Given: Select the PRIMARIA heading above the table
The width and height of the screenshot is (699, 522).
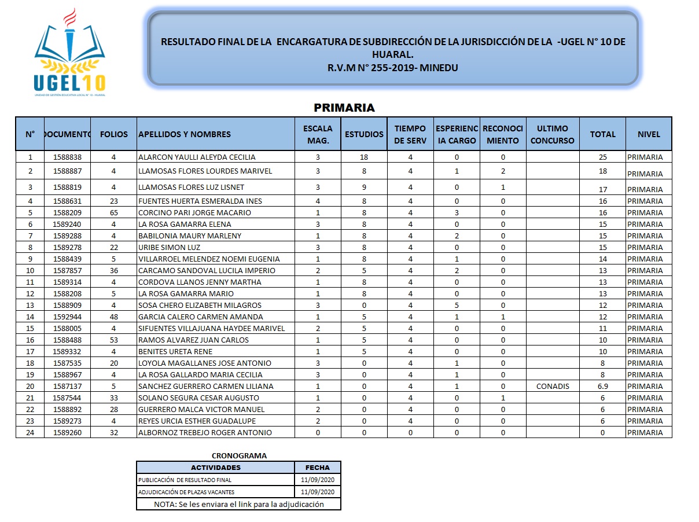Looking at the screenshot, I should (x=344, y=108).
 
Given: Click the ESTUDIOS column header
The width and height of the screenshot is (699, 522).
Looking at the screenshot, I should (x=364, y=134).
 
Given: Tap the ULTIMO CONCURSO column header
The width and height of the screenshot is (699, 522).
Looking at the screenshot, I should (x=553, y=134).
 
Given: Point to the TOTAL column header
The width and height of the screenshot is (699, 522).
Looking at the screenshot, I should (x=602, y=134).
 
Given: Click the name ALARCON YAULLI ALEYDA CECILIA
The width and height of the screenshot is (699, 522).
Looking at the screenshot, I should (x=197, y=157).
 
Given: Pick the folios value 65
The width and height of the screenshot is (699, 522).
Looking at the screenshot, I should (x=114, y=212).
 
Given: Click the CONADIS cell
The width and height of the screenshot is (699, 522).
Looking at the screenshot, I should (x=553, y=386).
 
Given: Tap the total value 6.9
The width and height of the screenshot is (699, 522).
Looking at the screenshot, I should (x=602, y=386).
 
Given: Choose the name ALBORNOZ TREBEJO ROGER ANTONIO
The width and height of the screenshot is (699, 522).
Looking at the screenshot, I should (x=205, y=432).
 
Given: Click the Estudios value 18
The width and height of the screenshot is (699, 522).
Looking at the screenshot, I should (x=364, y=157).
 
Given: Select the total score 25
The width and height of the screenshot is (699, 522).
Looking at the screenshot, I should (x=602, y=157).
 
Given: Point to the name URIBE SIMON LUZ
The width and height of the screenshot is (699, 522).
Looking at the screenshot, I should (x=169, y=247).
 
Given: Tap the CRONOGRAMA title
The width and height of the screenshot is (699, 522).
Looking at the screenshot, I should (x=239, y=455).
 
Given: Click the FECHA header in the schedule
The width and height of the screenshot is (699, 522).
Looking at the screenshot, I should (x=318, y=468).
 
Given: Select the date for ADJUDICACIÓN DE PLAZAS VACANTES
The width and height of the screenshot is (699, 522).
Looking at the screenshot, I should (x=318, y=492).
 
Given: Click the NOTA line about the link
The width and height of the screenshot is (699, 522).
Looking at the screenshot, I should (x=238, y=504).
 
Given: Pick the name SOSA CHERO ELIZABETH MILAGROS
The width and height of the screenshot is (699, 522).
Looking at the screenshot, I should (x=200, y=305).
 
